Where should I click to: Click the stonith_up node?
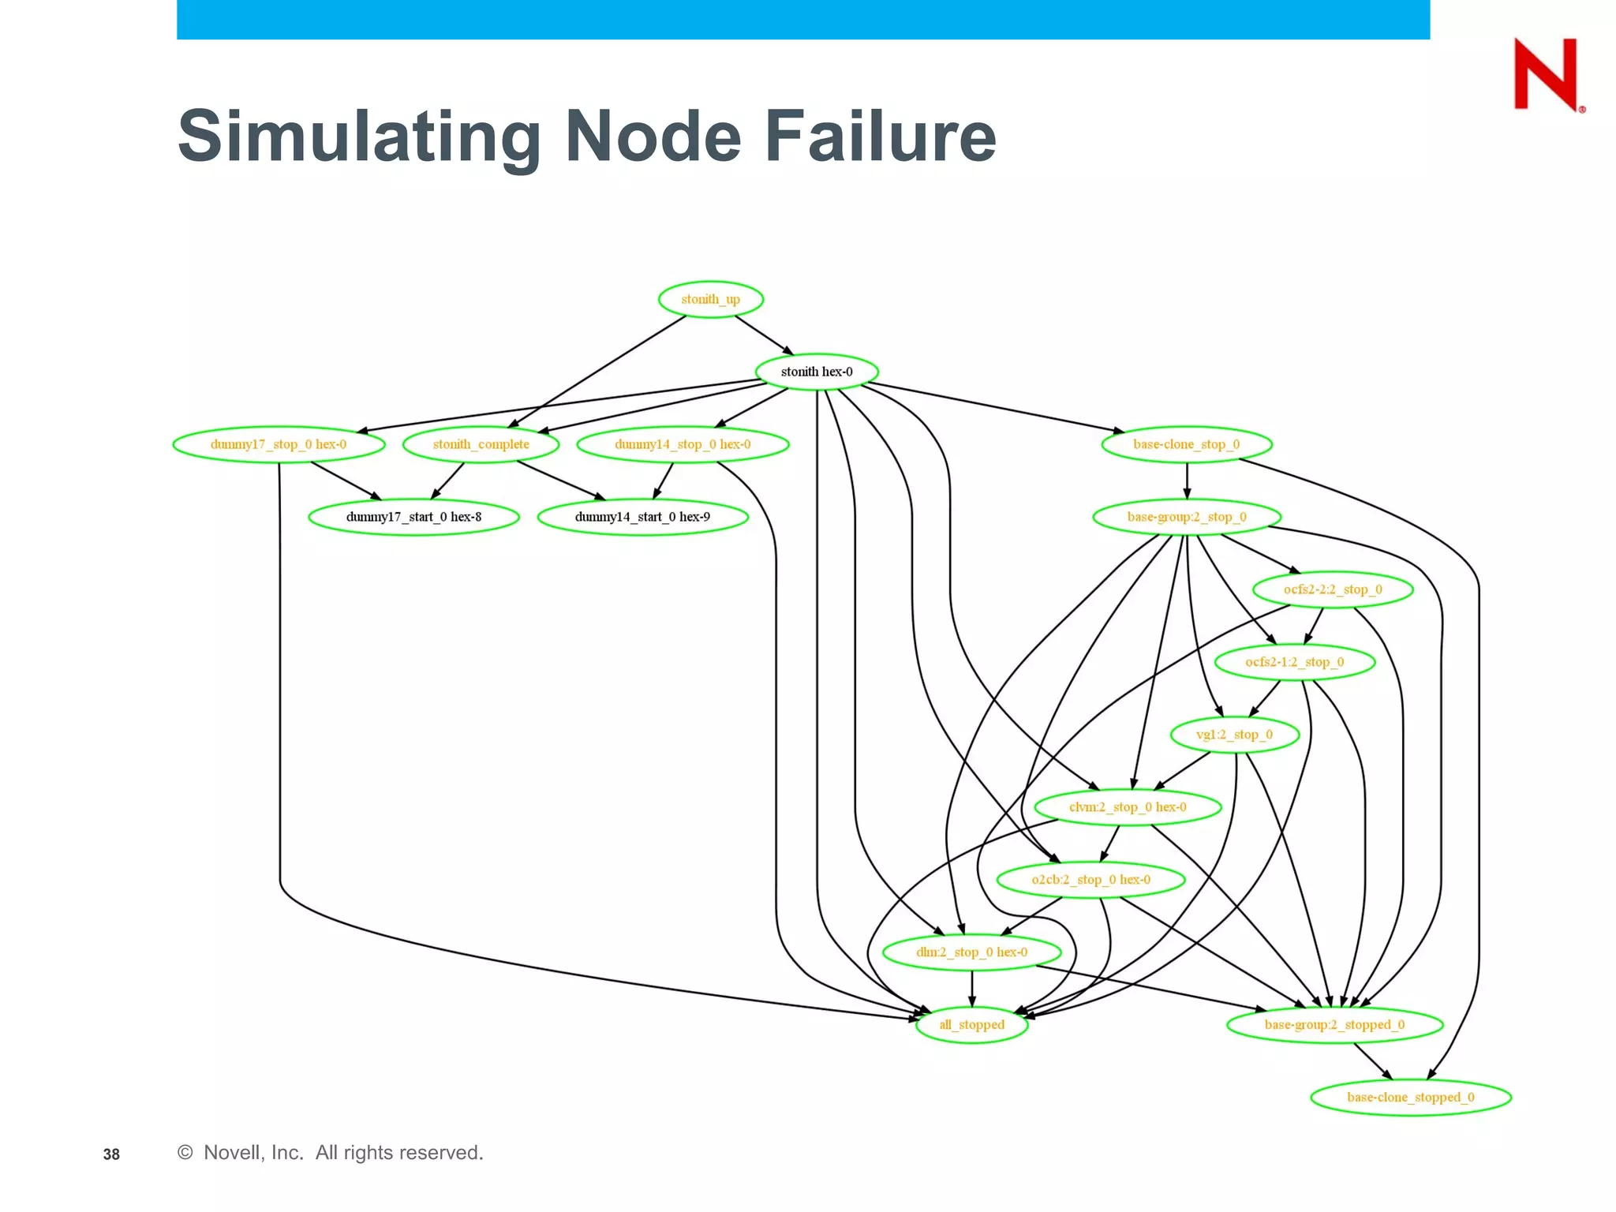[x=710, y=299]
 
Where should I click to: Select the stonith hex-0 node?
[x=817, y=372]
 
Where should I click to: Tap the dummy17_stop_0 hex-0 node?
[x=279, y=444]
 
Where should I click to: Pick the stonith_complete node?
[x=481, y=444]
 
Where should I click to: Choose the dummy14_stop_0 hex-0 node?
[x=683, y=444]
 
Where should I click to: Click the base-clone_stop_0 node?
[x=1186, y=444]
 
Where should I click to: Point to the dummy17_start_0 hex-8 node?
[x=413, y=517]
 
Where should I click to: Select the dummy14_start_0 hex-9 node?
[x=642, y=517]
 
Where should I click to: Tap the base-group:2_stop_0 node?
[x=1186, y=517]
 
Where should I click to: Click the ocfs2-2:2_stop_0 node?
[x=1332, y=589]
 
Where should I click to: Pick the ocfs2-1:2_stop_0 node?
[x=1294, y=662]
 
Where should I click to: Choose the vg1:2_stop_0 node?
[x=1234, y=735]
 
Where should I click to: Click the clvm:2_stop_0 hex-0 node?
[x=1128, y=807]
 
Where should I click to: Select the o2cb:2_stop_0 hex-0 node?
[x=1090, y=880]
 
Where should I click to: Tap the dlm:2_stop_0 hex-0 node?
[x=971, y=952]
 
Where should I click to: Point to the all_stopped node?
[x=971, y=1025]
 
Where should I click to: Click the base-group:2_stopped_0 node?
[x=1334, y=1025]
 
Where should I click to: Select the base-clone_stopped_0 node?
[x=1410, y=1098]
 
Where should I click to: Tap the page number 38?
[x=111, y=1154]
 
